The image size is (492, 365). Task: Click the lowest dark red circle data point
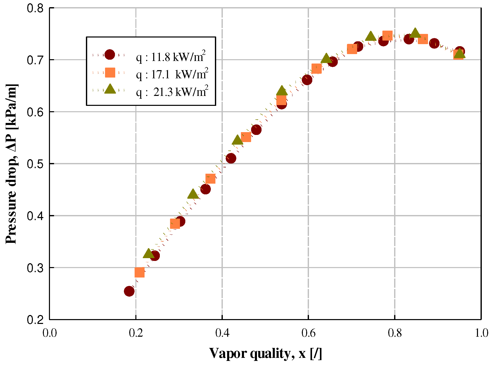point(129,291)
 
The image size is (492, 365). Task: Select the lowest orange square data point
point(139,272)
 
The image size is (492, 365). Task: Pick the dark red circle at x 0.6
point(307,80)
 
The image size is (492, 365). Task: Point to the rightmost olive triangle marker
point(460,54)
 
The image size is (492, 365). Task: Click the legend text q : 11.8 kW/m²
point(171,56)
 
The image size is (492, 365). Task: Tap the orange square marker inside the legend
point(110,72)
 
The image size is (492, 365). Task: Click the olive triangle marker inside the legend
point(110,89)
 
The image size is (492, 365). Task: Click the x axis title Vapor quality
point(265,354)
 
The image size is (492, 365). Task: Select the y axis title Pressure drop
point(11,164)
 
